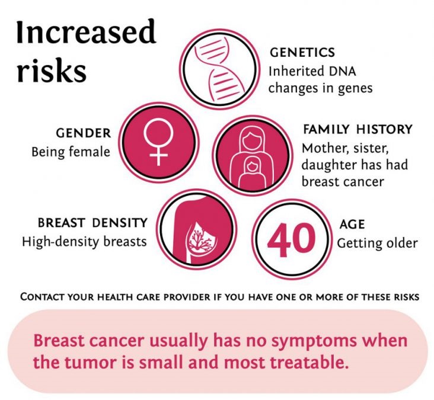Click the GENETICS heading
[302, 53]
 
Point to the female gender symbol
[158, 142]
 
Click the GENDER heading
[84, 133]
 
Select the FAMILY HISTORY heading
[358, 129]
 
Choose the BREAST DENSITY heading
[92, 223]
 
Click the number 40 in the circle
[291, 239]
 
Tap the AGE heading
[352, 224]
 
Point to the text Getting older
[377, 243]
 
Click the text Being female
[71, 152]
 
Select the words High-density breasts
[84, 242]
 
